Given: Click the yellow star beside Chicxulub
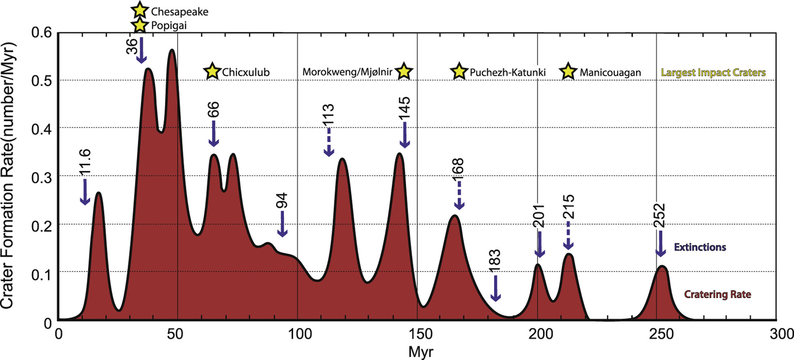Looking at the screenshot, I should (x=212, y=72).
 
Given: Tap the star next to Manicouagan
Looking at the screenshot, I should (x=568, y=72).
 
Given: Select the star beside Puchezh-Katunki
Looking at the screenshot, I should (x=459, y=72).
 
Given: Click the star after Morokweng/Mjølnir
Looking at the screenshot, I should (x=404, y=72).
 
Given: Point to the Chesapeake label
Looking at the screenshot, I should (x=180, y=12).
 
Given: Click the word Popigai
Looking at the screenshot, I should (x=169, y=26).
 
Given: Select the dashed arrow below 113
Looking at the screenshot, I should (x=329, y=142).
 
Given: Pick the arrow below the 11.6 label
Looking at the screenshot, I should (x=85, y=192).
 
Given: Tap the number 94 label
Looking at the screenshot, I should (x=282, y=201).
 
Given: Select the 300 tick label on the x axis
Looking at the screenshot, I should (x=781, y=334).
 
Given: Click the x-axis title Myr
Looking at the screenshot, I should (x=421, y=352).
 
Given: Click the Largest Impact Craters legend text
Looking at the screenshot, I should (x=713, y=73).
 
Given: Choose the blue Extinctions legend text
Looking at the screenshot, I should (x=700, y=247).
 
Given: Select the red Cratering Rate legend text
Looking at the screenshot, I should (x=717, y=294).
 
